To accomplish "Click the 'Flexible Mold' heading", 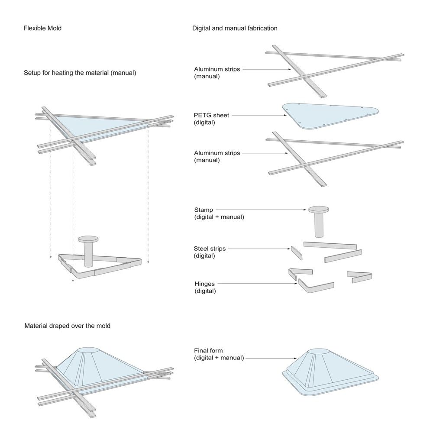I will [42, 29].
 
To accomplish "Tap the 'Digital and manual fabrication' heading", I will [235, 29].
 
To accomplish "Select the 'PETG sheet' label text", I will [212, 115].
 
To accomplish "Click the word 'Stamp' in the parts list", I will [203, 210].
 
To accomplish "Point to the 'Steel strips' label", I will [210, 249].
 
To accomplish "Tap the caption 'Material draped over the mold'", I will [67, 326].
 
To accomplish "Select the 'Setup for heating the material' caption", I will [80, 73].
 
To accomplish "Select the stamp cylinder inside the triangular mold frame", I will [88, 253].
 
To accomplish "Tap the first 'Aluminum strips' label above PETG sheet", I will [216, 69].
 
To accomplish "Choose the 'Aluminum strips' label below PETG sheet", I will [216, 153].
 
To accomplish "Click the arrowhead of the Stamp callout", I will [306, 210].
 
